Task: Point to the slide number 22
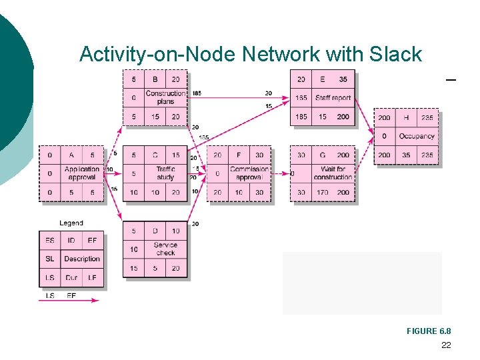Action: [446, 345]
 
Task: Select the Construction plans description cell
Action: [165, 97]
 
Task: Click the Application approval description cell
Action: [82, 173]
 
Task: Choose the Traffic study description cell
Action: [165, 173]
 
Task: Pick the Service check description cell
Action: [165, 249]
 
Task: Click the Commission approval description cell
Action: [249, 173]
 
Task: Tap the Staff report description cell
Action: [333, 97]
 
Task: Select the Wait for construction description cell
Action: [333, 173]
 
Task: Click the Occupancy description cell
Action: [417, 136]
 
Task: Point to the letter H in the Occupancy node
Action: [406, 117]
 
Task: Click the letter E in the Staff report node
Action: [323, 79]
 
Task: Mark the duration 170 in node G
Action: [323, 192]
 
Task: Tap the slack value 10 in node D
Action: [134, 249]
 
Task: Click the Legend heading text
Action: [71, 223]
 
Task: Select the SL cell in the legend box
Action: [50, 259]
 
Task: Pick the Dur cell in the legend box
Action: [71, 277]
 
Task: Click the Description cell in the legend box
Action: [82, 259]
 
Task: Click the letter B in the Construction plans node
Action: [155, 79]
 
